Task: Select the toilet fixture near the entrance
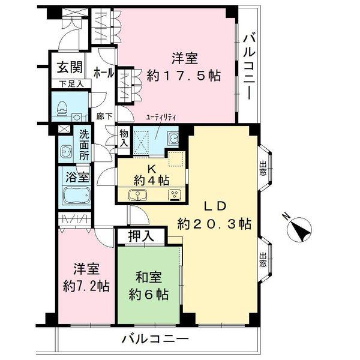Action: coord(62,108)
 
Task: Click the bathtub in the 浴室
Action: coord(75,197)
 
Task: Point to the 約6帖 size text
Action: coord(149,295)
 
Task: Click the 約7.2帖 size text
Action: coord(87,286)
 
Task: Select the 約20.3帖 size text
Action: coord(214,224)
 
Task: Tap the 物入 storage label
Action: coord(124,139)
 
